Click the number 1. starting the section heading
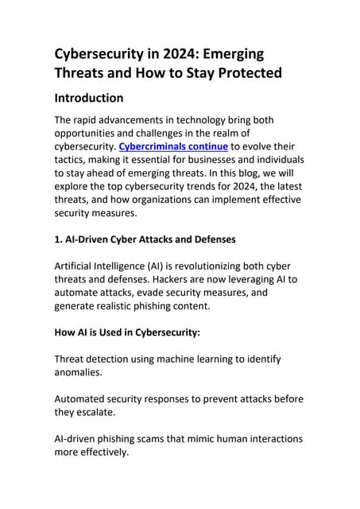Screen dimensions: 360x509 click(60, 239)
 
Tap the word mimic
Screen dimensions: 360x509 click(198, 438)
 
